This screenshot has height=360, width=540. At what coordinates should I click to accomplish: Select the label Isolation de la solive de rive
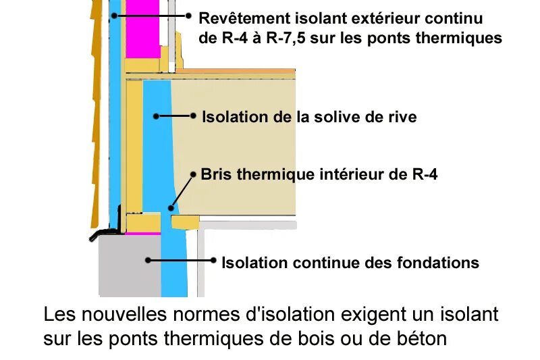pyautogui.click(x=309, y=117)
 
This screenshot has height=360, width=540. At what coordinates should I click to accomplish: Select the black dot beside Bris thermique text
pyautogui.click(x=193, y=174)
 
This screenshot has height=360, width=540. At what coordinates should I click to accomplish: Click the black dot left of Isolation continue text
pyautogui.click(x=214, y=259)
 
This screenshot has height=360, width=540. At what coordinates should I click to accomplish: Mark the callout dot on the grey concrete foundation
pyautogui.click(x=146, y=259)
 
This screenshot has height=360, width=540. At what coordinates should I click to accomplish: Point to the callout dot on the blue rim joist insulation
pyautogui.click(x=156, y=116)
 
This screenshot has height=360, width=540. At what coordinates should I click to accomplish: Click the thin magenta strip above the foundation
pyautogui.click(x=143, y=233)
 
